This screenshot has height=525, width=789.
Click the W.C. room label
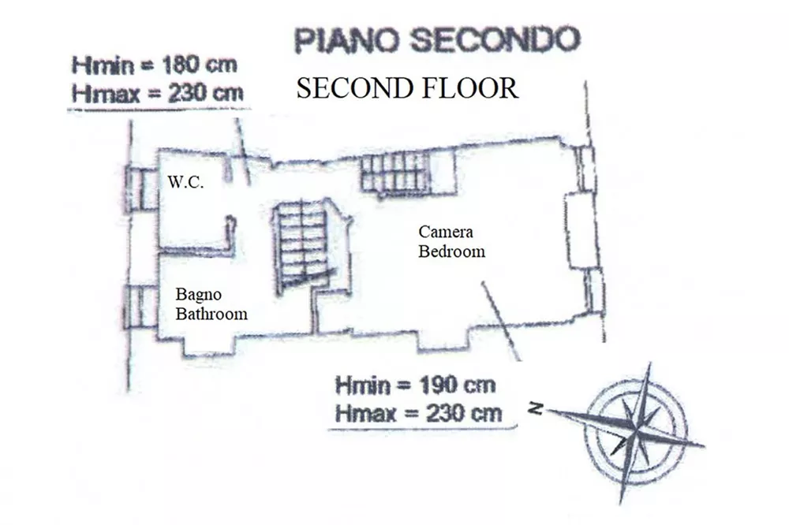[x=185, y=181]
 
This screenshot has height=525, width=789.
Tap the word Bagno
[x=198, y=295]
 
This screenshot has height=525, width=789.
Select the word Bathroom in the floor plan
[x=211, y=314]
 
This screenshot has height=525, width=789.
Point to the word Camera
[x=446, y=232]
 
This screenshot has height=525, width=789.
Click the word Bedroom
[x=452, y=251]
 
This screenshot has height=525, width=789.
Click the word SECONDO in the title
[x=496, y=39]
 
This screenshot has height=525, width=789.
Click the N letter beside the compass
[x=537, y=408]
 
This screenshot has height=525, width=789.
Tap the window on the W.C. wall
[x=142, y=189]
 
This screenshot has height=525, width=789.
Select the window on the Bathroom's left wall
[x=141, y=307]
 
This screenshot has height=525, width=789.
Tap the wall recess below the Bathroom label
[x=208, y=347]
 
